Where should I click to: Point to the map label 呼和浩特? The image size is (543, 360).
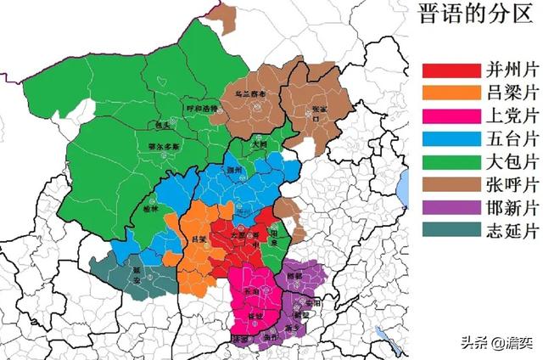click(203, 109)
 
